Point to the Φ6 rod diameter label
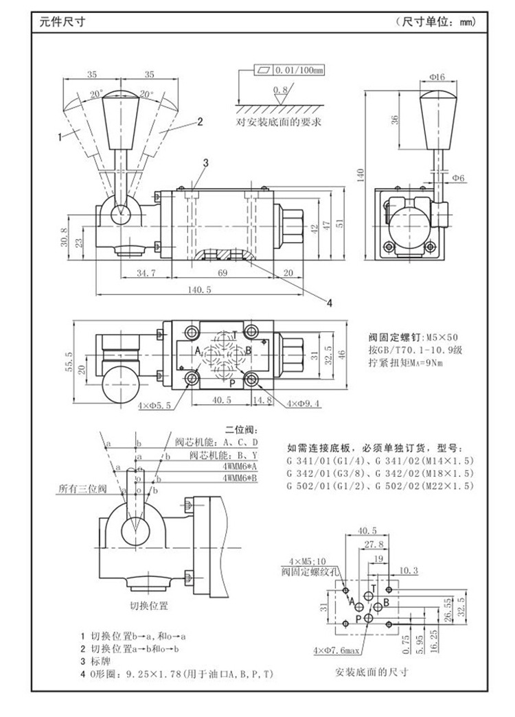pos(458,178)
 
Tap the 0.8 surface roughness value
pos(279,90)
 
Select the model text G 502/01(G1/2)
pos(327,486)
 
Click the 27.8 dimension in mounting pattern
pos(374,543)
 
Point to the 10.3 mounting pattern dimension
pos(408,570)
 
